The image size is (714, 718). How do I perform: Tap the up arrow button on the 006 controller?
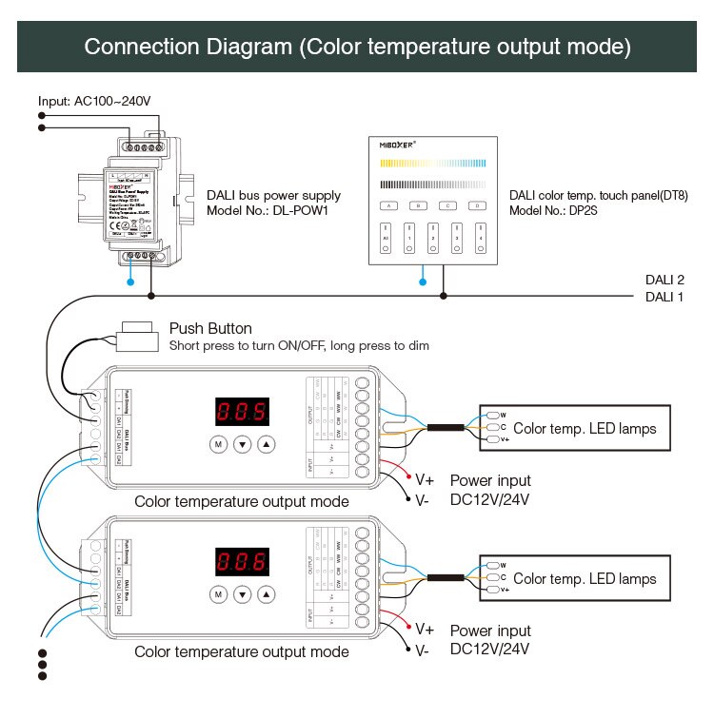coord(267,594)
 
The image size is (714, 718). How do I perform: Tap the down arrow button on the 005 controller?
coord(242,444)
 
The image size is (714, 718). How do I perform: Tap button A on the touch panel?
coord(387,204)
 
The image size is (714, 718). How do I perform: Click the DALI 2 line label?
coord(664,280)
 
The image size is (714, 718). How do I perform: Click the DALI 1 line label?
coord(664,297)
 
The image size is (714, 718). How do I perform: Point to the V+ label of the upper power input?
coord(425,479)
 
